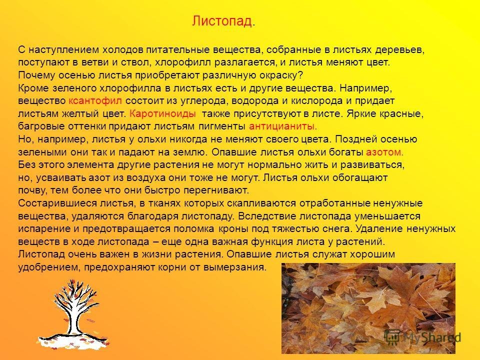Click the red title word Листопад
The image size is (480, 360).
tap(222, 21)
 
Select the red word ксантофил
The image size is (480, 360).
tap(95, 100)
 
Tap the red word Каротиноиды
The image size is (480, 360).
tap(162, 114)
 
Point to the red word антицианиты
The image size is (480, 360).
tap(283, 126)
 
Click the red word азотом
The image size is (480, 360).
tap(385, 152)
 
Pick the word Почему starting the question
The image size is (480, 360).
tap(36, 75)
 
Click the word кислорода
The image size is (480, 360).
tap(316, 101)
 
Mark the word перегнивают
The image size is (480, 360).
tap(216, 190)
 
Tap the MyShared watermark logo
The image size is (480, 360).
tap(423, 337)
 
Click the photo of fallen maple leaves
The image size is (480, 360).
tap(368, 308)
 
